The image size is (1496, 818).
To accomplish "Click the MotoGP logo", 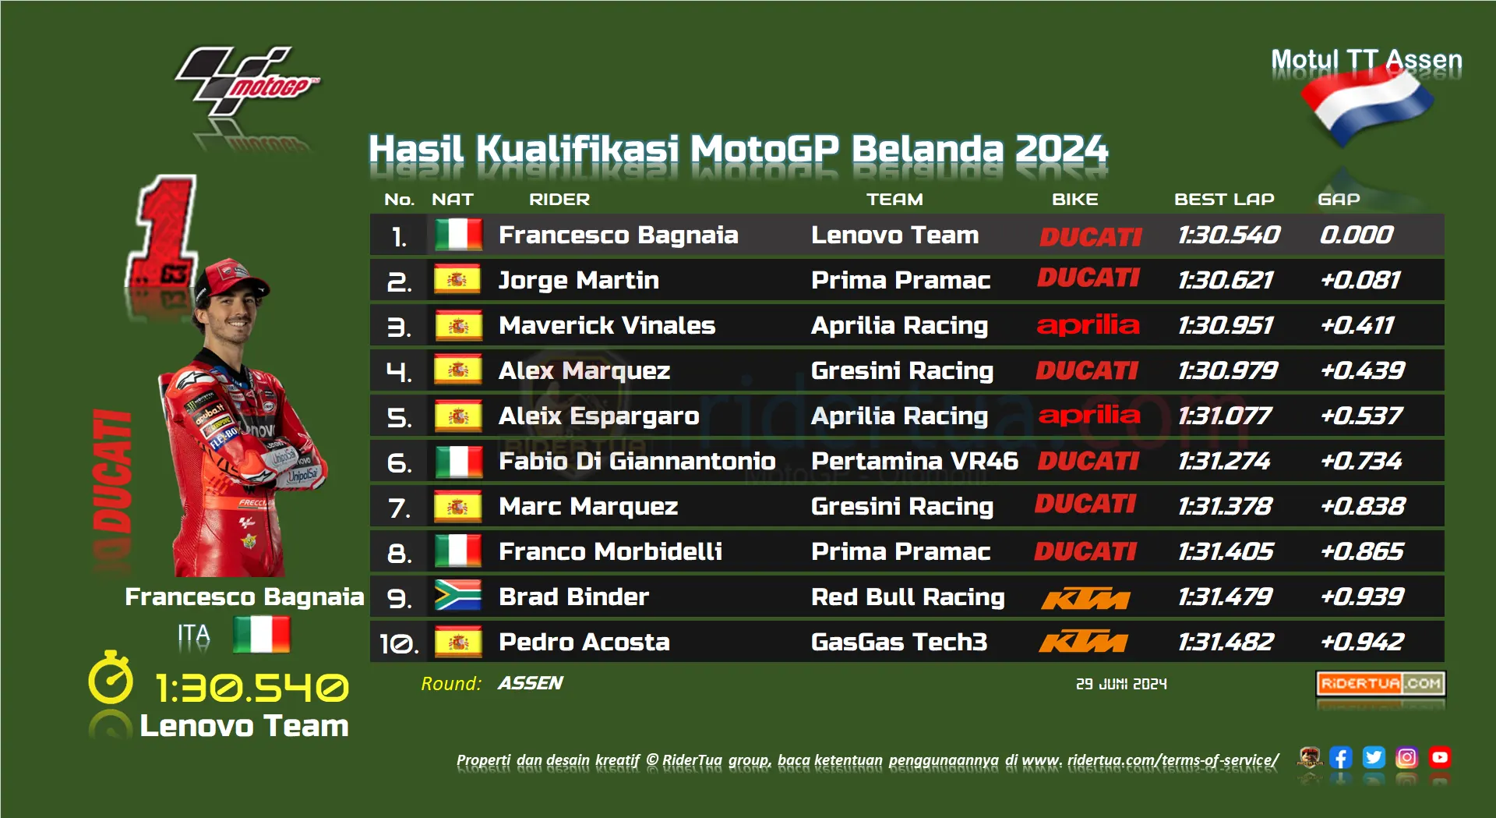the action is pyautogui.click(x=248, y=81).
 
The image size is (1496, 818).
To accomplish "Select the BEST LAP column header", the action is pyautogui.click(x=1224, y=200).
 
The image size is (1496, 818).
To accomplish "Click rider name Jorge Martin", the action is pyautogui.click(x=579, y=280).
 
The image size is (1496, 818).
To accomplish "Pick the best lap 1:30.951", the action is pyautogui.click(x=1226, y=325).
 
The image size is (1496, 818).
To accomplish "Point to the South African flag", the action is pyautogui.click(x=458, y=597).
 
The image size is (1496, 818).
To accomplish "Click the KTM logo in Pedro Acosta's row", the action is pyautogui.click(x=1084, y=643).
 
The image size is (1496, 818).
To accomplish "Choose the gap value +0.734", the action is pyautogui.click(x=1361, y=461).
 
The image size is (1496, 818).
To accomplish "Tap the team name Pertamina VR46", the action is pyautogui.click(x=915, y=461).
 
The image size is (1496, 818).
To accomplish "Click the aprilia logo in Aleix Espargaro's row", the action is pyautogui.click(x=1089, y=415).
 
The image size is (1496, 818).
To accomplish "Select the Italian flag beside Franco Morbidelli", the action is pyautogui.click(x=458, y=551).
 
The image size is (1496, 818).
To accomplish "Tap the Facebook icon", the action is pyautogui.click(x=1340, y=757).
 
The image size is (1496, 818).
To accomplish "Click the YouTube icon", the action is pyautogui.click(x=1440, y=757).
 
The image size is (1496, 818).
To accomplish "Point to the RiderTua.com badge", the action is pyautogui.click(x=1381, y=684).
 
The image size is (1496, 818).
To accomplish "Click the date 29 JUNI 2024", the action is pyautogui.click(x=1121, y=684).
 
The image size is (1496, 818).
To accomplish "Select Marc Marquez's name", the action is pyautogui.click(x=588, y=506).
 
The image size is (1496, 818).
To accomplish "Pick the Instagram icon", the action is pyautogui.click(x=1406, y=757).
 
